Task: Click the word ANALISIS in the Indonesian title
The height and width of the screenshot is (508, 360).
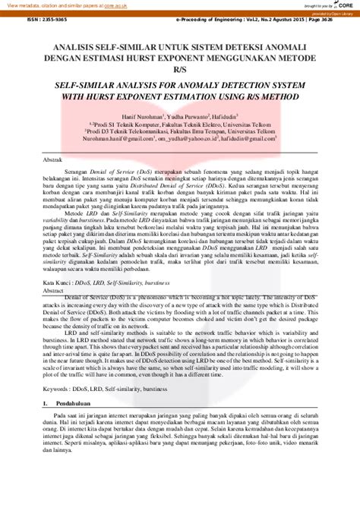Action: [65, 46]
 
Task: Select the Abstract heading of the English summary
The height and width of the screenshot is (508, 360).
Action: [52, 291]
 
